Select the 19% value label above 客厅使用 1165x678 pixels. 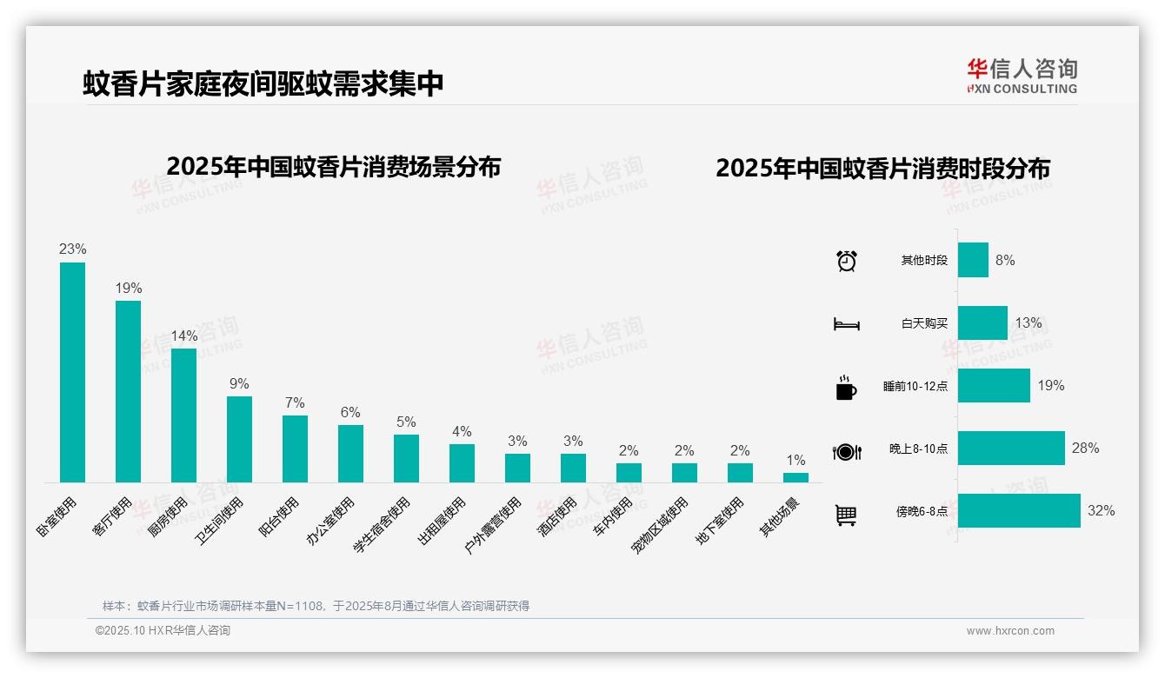pyautogui.click(x=129, y=288)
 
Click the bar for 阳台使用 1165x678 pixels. pyautogui.click(x=295, y=449)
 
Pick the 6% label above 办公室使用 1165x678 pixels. pyautogui.click(x=350, y=412)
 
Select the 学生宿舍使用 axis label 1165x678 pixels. pyautogui.click(x=382, y=525)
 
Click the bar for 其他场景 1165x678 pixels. pyautogui.click(x=796, y=477)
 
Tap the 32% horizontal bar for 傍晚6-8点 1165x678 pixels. pyautogui.click(x=1019, y=511)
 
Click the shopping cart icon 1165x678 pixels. pyautogui.click(x=846, y=515)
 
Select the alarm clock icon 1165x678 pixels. pyautogui.click(x=847, y=261)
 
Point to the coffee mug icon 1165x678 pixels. pyautogui.click(x=846, y=388)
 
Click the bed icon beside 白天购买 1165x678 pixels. pyautogui.click(x=846, y=324)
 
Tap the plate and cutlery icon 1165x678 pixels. pyautogui.click(x=846, y=451)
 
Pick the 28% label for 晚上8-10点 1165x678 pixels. pyautogui.click(x=1085, y=449)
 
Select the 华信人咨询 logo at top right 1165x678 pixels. pyautogui.click(x=1022, y=76)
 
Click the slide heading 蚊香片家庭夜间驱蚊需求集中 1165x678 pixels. pyautogui.click(x=263, y=83)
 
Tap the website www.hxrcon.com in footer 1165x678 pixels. pyautogui.click(x=1010, y=631)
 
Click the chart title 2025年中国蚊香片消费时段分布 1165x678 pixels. pyautogui.click(x=882, y=169)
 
